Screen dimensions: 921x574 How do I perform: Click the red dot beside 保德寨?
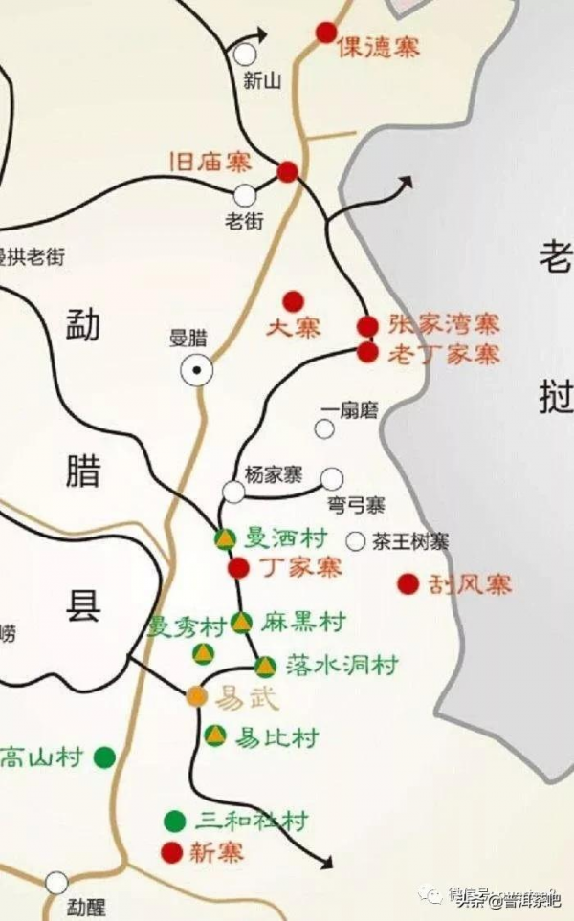326,33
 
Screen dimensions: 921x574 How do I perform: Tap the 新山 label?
262,82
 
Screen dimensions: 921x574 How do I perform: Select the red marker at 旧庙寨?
287,172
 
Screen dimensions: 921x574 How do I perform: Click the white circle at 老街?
245,195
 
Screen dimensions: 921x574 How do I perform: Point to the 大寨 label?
294,328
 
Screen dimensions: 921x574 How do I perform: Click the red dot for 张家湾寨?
367,326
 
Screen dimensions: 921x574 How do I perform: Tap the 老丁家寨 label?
444,354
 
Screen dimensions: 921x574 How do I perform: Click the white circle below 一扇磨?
325,429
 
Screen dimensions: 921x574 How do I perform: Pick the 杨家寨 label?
274,474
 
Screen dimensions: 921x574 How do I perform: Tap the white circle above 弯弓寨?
331,478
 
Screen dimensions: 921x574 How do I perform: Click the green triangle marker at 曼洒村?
225,539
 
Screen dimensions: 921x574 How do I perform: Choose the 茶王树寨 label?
410,541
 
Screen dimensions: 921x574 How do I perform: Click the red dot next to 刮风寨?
408,583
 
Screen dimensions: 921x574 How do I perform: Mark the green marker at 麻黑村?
241,623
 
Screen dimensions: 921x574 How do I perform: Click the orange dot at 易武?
196,696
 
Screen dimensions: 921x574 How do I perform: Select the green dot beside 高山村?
104,758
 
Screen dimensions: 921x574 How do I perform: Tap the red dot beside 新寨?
172,851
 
